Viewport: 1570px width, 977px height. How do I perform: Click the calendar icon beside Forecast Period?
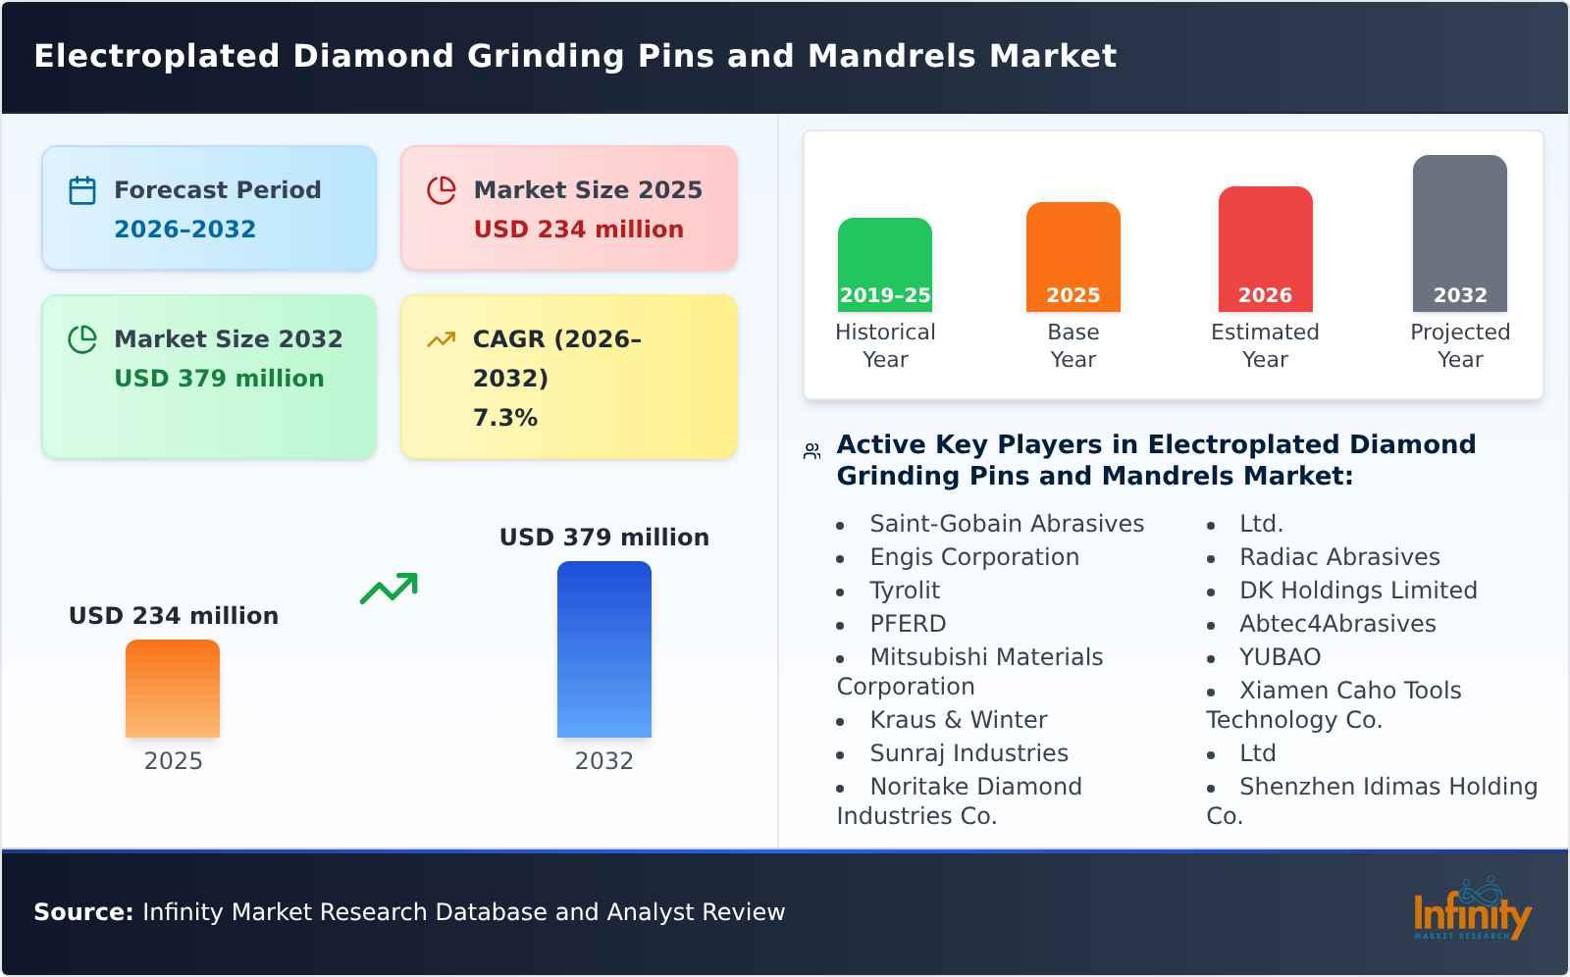click(82, 190)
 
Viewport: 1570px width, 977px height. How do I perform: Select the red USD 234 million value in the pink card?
click(578, 230)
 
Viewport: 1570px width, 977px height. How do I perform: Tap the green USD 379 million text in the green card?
click(219, 379)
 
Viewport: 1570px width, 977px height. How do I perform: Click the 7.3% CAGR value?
click(504, 418)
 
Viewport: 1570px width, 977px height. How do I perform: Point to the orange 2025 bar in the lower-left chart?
click(173, 689)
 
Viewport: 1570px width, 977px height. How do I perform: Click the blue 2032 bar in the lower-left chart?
click(603, 649)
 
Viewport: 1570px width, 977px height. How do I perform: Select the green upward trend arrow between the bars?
click(389, 589)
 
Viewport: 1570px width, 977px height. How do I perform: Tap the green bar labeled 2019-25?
click(884, 263)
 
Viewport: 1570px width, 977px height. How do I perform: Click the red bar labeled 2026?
click(1265, 247)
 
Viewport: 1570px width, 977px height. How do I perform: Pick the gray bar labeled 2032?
click(1459, 231)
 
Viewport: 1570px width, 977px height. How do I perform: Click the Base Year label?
click(1073, 345)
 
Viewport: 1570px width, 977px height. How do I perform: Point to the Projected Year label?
click(1459, 345)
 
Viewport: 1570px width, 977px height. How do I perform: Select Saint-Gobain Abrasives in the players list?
click(1006, 524)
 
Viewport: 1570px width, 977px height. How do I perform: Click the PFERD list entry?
click(908, 624)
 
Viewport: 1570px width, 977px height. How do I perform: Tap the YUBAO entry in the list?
click(1280, 657)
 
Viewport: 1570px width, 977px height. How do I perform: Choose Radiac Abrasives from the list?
click(1338, 557)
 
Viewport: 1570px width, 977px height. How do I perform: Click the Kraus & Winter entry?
click(958, 720)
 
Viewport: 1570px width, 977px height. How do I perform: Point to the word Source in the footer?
click(82, 912)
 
